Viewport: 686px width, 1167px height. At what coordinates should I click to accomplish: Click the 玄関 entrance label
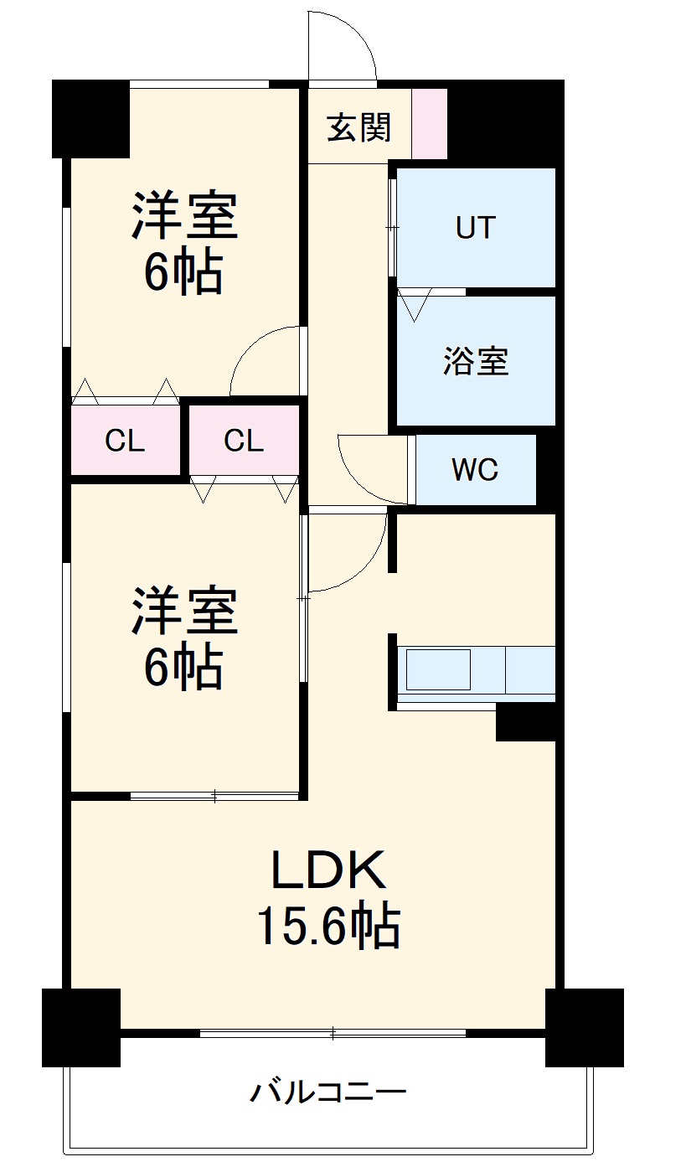[x=358, y=128]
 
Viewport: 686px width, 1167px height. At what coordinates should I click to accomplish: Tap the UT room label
[x=476, y=228]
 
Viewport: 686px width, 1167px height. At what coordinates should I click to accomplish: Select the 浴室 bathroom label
[x=476, y=362]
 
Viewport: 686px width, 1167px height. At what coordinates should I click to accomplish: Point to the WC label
[x=475, y=471]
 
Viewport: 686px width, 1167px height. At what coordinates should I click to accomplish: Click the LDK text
[x=328, y=872]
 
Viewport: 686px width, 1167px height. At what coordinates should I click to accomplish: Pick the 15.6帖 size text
[x=328, y=927]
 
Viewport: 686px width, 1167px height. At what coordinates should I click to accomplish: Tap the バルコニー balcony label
[x=328, y=1092]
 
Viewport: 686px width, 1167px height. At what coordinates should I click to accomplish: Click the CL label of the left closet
[x=125, y=441]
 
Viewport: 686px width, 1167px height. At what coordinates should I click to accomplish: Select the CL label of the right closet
[x=244, y=441]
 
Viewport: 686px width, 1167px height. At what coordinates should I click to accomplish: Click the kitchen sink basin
[x=438, y=669]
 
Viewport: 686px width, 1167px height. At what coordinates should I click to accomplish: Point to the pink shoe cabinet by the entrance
[x=430, y=123]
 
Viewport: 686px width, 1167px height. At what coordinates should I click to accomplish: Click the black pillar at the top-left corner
[x=90, y=118]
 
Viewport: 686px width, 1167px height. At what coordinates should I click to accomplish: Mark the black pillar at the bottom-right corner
[x=584, y=1027]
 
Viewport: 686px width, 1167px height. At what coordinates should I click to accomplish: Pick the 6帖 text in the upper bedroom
[x=183, y=272]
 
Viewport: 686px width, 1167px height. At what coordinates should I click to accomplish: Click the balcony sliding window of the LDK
[x=333, y=1033]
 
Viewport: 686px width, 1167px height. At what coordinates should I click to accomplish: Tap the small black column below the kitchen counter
[x=526, y=722]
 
